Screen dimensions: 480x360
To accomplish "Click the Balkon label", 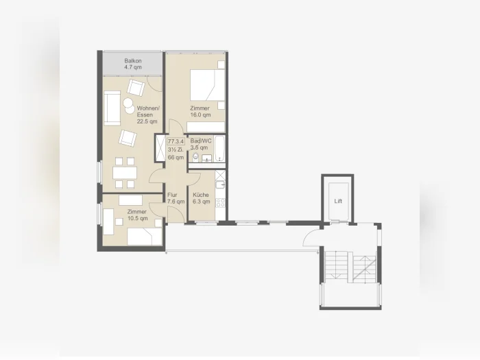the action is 133,61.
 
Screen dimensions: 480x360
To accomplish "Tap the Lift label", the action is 338,201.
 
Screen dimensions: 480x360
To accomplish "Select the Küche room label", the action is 201,195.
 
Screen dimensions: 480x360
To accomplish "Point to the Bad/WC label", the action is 201,141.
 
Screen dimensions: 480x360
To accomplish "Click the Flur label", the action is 172,195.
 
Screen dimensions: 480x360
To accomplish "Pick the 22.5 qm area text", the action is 147,121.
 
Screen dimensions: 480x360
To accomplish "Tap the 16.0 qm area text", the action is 200,115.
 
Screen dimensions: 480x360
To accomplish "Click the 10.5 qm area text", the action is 137,218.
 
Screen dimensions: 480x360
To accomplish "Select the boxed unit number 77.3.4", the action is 176,141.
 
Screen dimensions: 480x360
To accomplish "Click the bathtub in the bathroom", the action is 219,149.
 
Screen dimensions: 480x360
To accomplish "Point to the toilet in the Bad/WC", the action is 195,158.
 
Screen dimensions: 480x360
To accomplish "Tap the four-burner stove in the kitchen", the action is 220,203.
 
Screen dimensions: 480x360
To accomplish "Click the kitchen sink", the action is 220,185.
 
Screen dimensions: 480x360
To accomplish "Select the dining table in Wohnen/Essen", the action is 125,173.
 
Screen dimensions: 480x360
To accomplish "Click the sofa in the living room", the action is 112,108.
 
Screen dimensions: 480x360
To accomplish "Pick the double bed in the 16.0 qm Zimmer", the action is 207,85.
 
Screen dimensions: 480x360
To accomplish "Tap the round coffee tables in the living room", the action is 129,105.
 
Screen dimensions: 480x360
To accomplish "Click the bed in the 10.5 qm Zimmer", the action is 145,237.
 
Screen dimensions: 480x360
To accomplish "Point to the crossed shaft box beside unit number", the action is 160,148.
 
